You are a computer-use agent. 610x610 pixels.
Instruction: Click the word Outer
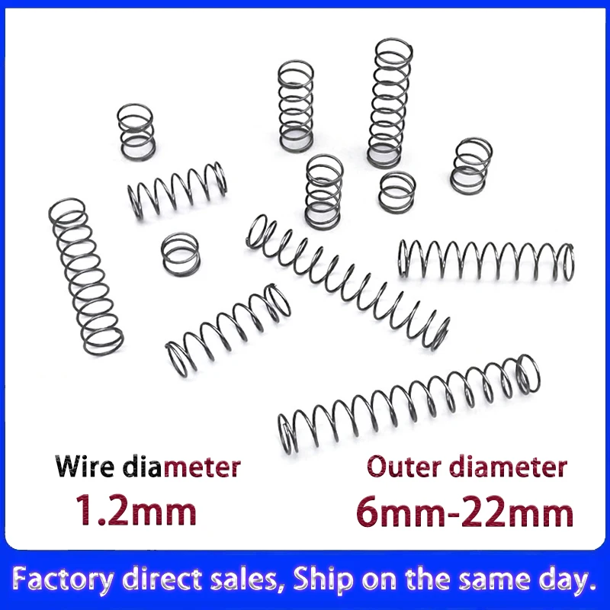[x=404, y=465]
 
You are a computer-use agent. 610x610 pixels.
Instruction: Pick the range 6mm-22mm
[x=464, y=512]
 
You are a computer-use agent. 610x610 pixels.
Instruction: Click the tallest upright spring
[x=390, y=103]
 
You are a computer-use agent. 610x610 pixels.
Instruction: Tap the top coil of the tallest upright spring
[x=394, y=51]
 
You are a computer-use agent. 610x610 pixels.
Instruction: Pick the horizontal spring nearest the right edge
[x=485, y=259]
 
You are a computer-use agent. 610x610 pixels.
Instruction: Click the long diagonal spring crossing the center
[x=347, y=281]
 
